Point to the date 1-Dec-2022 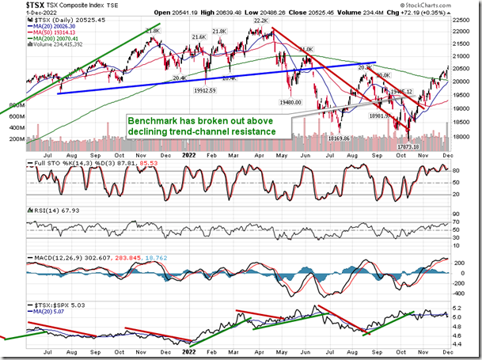coord(17,13)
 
